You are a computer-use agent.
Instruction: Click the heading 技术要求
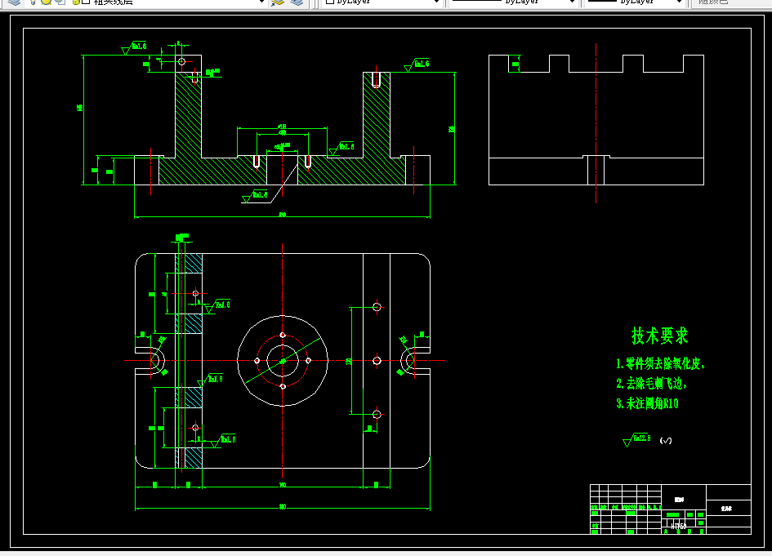(659, 336)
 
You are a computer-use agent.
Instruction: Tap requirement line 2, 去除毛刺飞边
(651, 383)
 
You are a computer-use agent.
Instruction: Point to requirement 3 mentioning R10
(647, 403)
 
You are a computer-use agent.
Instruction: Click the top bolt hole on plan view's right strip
(377, 307)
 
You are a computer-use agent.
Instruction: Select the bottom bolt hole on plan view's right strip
(377, 414)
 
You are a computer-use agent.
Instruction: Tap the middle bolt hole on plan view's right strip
(377, 360)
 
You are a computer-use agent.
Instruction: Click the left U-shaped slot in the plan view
(153, 360)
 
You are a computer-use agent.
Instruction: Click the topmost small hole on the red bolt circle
(283, 335)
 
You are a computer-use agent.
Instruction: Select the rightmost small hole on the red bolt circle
(308, 360)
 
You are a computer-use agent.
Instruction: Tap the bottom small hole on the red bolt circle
(283, 385)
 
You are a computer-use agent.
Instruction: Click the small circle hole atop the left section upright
(181, 61)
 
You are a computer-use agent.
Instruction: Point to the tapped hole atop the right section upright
(376, 80)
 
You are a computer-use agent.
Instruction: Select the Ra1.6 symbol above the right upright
(417, 64)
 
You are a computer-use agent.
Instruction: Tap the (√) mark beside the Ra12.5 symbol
(666, 441)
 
